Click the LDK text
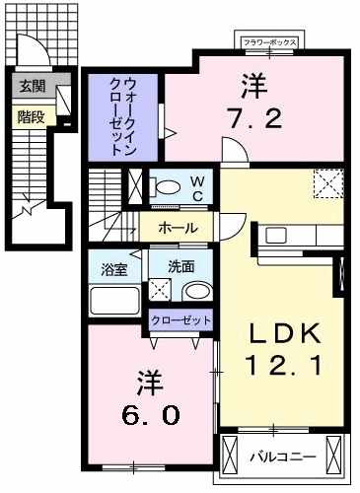(283, 333)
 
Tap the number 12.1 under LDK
(283, 367)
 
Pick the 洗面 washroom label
(180, 265)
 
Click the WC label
(196, 187)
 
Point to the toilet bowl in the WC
(168, 186)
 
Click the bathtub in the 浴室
(113, 299)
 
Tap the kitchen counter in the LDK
(296, 237)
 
